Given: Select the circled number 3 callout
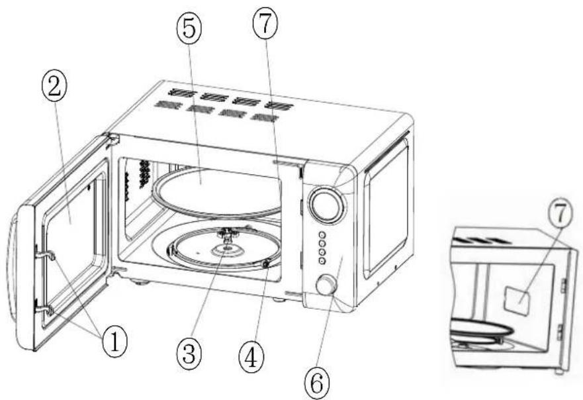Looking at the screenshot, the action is click(x=189, y=353).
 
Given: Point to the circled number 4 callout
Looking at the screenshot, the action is click(x=251, y=357).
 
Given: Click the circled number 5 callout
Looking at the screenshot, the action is click(x=189, y=29).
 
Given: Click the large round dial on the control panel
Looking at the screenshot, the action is click(x=327, y=205).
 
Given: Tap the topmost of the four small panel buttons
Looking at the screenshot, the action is click(x=322, y=235).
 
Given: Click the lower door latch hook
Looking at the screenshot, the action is click(x=44, y=309).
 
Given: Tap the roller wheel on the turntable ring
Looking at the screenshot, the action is click(x=266, y=264).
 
